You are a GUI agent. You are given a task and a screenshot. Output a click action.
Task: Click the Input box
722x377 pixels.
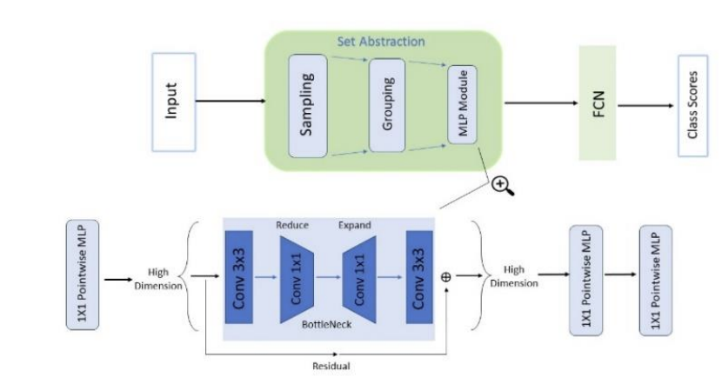(174, 102)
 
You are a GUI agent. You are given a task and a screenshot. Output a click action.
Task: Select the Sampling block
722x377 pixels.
(308, 106)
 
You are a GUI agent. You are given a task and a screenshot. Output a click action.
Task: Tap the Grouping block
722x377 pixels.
(387, 105)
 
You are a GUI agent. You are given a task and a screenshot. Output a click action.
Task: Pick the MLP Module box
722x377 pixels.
(462, 104)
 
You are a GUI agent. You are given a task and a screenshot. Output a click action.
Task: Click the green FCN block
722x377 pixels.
(598, 103)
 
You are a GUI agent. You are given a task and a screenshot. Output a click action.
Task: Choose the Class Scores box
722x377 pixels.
(692, 106)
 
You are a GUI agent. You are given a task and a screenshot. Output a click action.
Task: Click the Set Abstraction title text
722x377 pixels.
(381, 42)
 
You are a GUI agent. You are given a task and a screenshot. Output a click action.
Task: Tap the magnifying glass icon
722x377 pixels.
(503, 186)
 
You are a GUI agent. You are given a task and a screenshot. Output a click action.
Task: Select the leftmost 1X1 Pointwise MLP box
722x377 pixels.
(83, 274)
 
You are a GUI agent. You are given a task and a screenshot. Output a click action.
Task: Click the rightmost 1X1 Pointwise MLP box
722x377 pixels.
(656, 281)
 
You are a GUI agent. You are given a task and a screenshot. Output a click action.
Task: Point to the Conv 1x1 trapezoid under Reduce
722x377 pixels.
(297, 280)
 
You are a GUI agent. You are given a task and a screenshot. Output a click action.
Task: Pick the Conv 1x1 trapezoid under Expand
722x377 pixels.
(359, 280)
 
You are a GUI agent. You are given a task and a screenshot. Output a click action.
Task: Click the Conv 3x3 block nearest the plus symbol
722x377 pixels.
(419, 277)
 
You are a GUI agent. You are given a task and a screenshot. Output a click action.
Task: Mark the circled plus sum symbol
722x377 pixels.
(445, 277)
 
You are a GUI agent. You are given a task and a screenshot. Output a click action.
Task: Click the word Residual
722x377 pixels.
(331, 367)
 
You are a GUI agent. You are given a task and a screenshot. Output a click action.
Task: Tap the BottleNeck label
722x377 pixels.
(326, 325)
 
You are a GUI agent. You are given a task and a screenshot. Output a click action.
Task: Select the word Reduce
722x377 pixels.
(292, 225)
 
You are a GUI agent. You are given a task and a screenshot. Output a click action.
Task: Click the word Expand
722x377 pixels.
(355, 225)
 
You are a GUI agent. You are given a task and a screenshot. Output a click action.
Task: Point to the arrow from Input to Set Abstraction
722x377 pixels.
(231, 101)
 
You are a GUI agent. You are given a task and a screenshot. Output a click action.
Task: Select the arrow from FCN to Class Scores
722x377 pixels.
(645, 106)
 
